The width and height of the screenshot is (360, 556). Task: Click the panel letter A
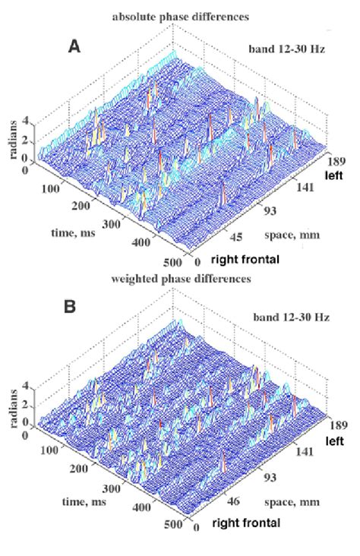pyautogui.click(x=75, y=47)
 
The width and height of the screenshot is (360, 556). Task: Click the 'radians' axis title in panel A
pyautogui.click(x=11, y=142)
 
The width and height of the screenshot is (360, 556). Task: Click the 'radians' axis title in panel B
pyautogui.click(x=11, y=405)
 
